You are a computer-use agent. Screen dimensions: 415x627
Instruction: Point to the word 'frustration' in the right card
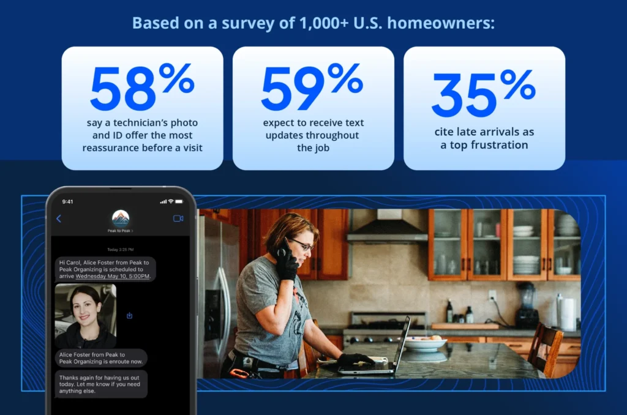point(498,145)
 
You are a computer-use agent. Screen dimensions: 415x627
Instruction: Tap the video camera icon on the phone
point(178,219)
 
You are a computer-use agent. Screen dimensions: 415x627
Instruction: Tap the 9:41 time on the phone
point(67,201)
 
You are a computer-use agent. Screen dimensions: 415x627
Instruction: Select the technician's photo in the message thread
point(85,316)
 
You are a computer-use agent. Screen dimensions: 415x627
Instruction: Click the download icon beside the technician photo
point(129,316)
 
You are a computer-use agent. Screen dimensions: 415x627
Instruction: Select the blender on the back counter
point(526,306)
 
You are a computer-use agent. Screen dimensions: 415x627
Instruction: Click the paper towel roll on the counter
point(568,313)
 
